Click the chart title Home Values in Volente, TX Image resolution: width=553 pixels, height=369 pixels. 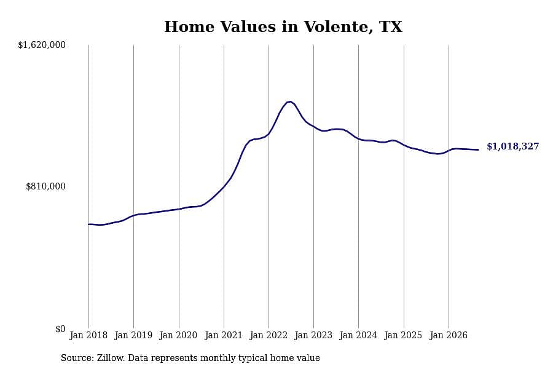(x=283, y=27)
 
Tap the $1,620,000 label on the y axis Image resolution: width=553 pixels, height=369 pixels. (x=42, y=45)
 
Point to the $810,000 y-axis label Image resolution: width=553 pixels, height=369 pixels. (x=45, y=186)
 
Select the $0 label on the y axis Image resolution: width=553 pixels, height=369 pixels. (x=60, y=329)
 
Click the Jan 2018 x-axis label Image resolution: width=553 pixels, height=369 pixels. (x=88, y=335)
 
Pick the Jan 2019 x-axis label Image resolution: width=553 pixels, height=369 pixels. (x=133, y=335)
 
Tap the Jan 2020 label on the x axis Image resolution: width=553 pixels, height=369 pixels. (x=178, y=335)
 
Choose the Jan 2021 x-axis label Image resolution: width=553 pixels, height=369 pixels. (x=224, y=335)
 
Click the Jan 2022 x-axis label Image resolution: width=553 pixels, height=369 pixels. (x=269, y=335)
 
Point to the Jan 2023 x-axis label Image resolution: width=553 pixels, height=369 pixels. (x=313, y=335)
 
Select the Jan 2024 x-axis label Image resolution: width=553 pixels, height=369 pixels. (x=358, y=335)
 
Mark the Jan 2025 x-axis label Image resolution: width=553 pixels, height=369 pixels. (x=404, y=335)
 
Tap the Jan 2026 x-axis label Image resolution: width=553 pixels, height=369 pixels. (x=449, y=335)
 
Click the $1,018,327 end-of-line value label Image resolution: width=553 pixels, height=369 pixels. (x=513, y=146)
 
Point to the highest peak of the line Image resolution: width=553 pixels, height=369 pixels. (x=289, y=101)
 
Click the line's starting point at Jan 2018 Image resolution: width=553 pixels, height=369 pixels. (x=88, y=224)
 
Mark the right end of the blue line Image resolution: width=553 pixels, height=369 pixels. (x=478, y=149)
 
